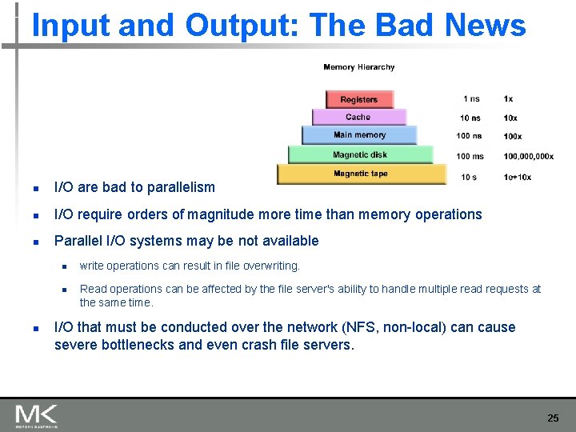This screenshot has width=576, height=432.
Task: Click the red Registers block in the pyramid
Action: (x=359, y=99)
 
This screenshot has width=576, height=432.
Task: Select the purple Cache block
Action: (x=359, y=117)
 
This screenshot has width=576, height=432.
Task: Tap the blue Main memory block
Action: (x=359, y=135)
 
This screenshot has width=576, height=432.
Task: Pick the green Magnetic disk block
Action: (x=360, y=154)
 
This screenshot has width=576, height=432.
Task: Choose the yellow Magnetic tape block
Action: (x=361, y=174)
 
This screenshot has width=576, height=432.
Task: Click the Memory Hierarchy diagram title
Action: (x=359, y=67)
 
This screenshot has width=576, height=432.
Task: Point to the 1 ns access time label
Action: (x=471, y=99)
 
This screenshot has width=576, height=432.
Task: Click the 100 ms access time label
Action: (x=470, y=156)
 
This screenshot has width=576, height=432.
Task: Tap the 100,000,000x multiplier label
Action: (x=528, y=156)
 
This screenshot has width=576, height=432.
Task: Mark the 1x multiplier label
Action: (x=509, y=99)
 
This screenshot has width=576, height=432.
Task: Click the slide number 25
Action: (x=553, y=418)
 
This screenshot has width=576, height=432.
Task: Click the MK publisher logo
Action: (x=36, y=415)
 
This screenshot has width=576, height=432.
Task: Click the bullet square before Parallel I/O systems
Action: (x=36, y=242)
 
